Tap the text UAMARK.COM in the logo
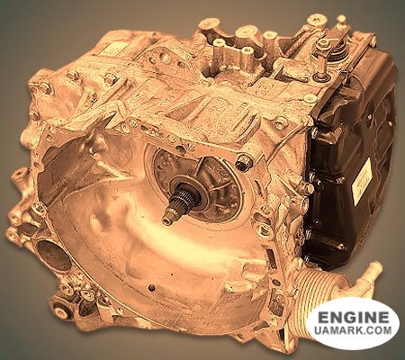click(x=354, y=330)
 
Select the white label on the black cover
click(x=362, y=181)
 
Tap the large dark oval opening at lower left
click(x=54, y=256)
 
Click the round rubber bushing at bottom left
click(x=61, y=311)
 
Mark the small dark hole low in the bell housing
click(x=152, y=288)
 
